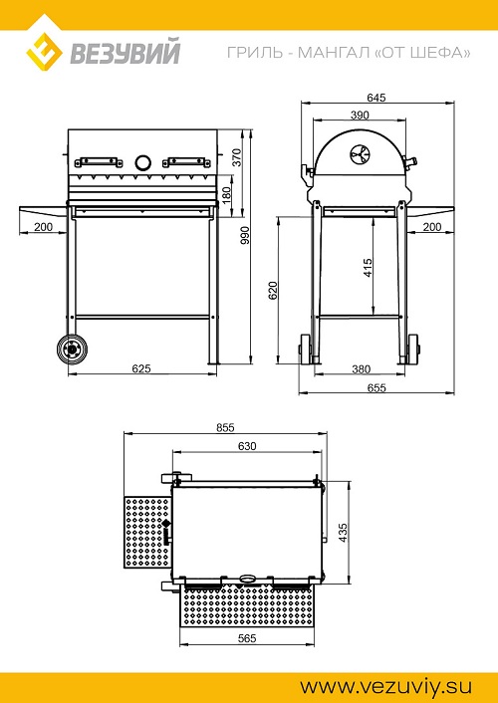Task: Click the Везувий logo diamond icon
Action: pyautogui.click(x=44, y=53)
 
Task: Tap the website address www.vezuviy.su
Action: pyautogui.click(x=385, y=686)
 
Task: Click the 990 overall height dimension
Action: pyautogui.click(x=245, y=235)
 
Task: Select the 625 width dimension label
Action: pyautogui.click(x=141, y=368)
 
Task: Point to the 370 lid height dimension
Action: pyautogui.click(x=237, y=157)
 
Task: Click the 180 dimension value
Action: pyautogui.click(x=226, y=194)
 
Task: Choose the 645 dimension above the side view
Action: pyautogui.click(x=375, y=98)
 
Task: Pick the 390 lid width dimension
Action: pyautogui.click(x=359, y=116)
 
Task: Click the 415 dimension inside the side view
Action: pyautogui.click(x=368, y=268)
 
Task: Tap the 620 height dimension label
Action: pyautogui.click(x=273, y=291)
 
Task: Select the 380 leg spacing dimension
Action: pyautogui.click(x=361, y=369)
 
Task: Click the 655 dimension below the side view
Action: pyautogui.click(x=375, y=387)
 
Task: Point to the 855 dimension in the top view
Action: pyautogui.click(x=225, y=427)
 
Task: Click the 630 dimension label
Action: pyautogui.click(x=247, y=446)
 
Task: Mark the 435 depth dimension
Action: pyautogui.click(x=344, y=532)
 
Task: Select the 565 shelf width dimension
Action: pyautogui.click(x=247, y=638)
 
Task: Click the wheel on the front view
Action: pyautogui.click(x=72, y=349)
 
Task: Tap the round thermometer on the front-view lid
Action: pyautogui.click(x=142, y=162)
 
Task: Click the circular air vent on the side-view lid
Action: pyautogui.click(x=361, y=154)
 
